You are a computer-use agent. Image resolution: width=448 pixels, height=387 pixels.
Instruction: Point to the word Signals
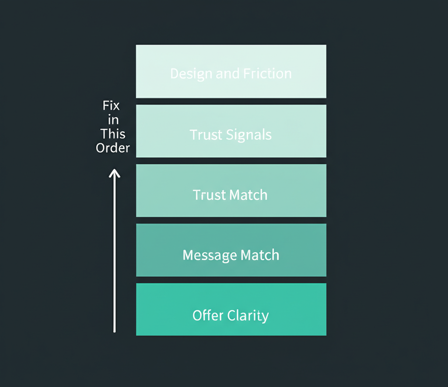[x=250, y=135]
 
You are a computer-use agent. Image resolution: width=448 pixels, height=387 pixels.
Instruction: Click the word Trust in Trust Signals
[x=207, y=135]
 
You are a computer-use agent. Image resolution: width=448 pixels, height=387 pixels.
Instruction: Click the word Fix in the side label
[x=111, y=106]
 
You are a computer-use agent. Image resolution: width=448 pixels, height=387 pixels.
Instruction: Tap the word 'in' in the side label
[x=113, y=120]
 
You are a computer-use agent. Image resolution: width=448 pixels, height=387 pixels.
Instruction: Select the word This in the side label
[x=113, y=134]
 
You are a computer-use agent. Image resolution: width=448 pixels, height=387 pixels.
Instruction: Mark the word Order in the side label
[x=113, y=148]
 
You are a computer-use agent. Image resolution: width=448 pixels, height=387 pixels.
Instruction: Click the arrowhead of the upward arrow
[x=114, y=173]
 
